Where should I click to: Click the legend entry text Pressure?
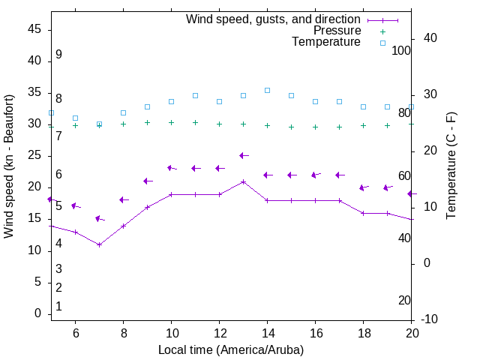click(x=337, y=31)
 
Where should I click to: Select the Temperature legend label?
click(x=326, y=43)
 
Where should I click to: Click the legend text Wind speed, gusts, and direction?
click(x=273, y=19)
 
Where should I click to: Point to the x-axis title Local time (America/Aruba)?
click(x=231, y=349)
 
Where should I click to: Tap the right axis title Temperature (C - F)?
click(x=451, y=166)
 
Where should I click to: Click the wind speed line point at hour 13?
click(x=243, y=181)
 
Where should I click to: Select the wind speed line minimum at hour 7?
click(x=99, y=244)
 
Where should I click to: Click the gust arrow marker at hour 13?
click(x=243, y=155)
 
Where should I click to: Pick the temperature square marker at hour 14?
click(x=267, y=90)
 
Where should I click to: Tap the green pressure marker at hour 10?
click(x=171, y=122)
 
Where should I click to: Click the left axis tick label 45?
click(x=34, y=28)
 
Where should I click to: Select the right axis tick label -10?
click(x=431, y=319)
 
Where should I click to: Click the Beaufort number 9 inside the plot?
click(x=58, y=55)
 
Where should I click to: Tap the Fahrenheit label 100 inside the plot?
click(x=400, y=50)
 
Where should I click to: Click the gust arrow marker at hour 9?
click(x=147, y=181)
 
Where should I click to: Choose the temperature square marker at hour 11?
click(x=195, y=96)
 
